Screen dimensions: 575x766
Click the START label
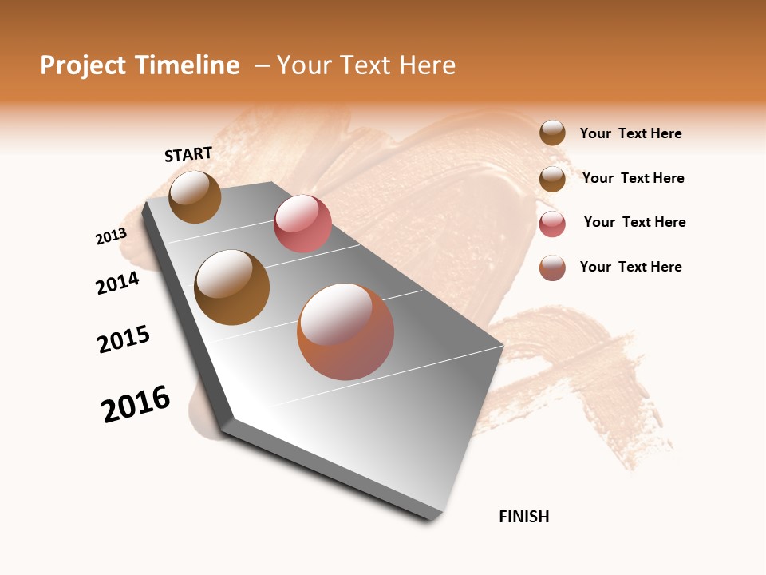[x=188, y=154]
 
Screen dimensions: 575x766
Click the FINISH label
[x=524, y=517]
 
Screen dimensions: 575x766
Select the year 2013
[x=112, y=236]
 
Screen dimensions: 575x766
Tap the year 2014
[x=118, y=283]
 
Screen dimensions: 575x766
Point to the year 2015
[x=124, y=339]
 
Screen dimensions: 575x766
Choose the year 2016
[x=136, y=404]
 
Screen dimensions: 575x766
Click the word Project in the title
[x=84, y=65]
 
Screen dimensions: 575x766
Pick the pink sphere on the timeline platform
[x=302, y=224]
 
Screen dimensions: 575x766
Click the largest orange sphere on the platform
[x=345, y=331]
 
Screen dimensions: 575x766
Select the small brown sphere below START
[x=195, y=197]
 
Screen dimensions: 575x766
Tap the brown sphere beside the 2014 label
[x=232, y=287]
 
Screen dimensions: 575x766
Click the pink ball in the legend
[x=552, y=224]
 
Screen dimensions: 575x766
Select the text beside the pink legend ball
[x=634, y=222]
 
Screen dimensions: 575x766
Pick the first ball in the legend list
[x=552, y=133]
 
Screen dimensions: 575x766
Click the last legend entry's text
[x=630, y=267]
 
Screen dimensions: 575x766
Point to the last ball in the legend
[x=552, y=268]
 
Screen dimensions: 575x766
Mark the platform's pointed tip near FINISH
[x=432, y=519]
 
